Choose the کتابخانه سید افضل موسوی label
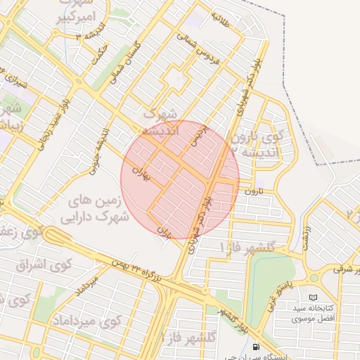click(x=314, y=314)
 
